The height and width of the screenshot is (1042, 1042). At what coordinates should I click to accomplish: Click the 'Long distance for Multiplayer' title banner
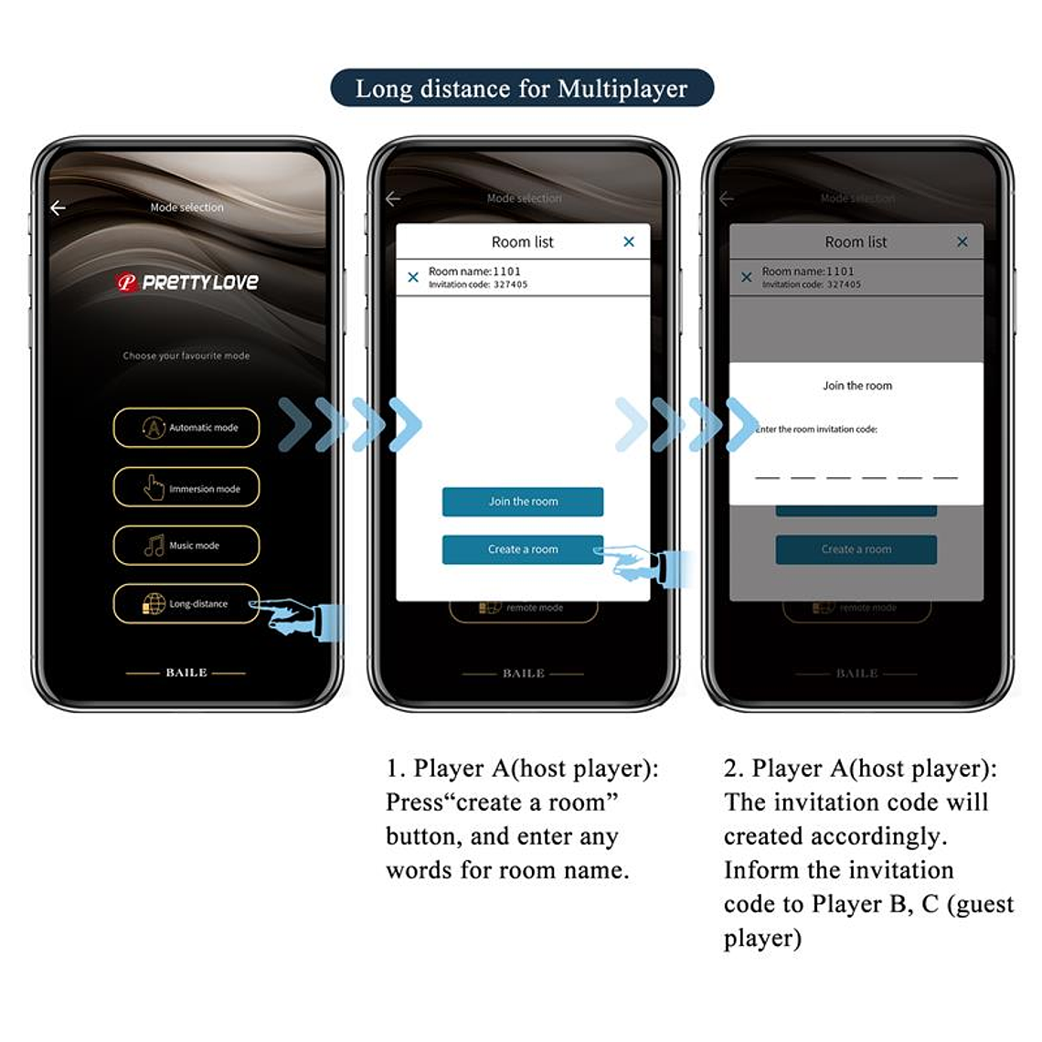(521, 89)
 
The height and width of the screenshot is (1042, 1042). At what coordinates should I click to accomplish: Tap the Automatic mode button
(186, 428)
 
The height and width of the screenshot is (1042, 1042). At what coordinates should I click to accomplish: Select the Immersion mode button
(186, 488)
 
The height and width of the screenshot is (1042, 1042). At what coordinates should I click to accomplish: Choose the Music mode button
(186, 546)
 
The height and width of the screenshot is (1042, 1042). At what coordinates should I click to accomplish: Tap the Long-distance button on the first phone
(186, 604)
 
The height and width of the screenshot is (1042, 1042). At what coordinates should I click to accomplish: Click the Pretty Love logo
(186, 282)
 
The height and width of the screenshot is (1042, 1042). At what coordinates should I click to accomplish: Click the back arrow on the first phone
(58, 208)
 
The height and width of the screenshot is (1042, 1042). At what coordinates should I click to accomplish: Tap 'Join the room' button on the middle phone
(522, 502)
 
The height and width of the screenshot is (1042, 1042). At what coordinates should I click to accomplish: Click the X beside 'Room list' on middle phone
(629, 242)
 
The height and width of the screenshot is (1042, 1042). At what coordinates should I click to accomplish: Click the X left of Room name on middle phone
(413, 277)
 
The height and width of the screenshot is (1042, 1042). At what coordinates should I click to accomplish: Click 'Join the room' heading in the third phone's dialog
(856, 386)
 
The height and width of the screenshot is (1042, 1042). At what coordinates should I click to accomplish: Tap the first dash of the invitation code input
(767, 477)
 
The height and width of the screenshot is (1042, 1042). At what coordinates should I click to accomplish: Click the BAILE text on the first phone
(186, 673)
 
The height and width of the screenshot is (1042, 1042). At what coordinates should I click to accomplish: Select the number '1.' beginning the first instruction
(395, 769)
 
